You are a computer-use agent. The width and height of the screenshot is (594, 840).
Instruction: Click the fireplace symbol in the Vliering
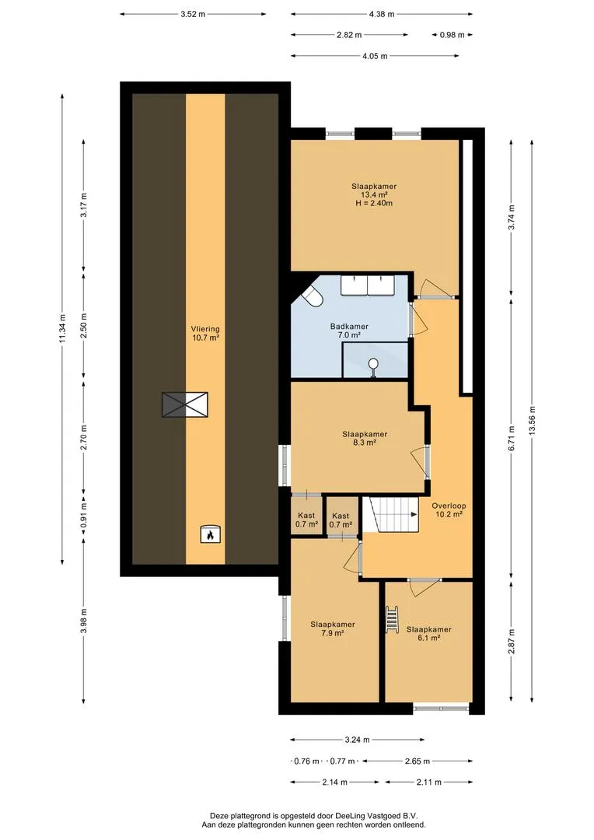click(211, 534)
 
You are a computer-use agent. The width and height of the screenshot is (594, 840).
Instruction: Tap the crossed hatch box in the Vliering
click(185, 404)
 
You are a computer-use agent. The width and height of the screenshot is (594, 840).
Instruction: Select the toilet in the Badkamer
click(311, 296)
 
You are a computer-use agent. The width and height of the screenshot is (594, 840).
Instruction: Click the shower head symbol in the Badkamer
click(373, 368)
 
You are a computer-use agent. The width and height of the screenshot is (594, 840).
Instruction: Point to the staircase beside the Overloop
click(390, 514)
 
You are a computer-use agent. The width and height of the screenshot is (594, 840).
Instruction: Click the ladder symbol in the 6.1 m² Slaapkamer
click(392, 620)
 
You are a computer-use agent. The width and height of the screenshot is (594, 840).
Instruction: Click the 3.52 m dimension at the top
click(193, 14)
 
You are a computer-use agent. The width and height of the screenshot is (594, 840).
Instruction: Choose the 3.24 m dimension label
click(357, 740)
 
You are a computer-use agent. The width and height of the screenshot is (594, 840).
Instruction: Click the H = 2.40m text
click(374, 204)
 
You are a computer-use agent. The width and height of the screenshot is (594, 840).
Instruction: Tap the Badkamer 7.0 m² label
click(349, 331)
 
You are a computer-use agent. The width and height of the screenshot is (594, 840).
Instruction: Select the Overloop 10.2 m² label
click(449, 509)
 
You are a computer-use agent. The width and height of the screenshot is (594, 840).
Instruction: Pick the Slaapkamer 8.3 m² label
click(365, 438)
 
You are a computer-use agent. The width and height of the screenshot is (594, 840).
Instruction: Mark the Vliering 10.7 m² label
click(206, 333)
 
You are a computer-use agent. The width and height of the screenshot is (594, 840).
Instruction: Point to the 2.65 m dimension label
click(418, 761)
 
